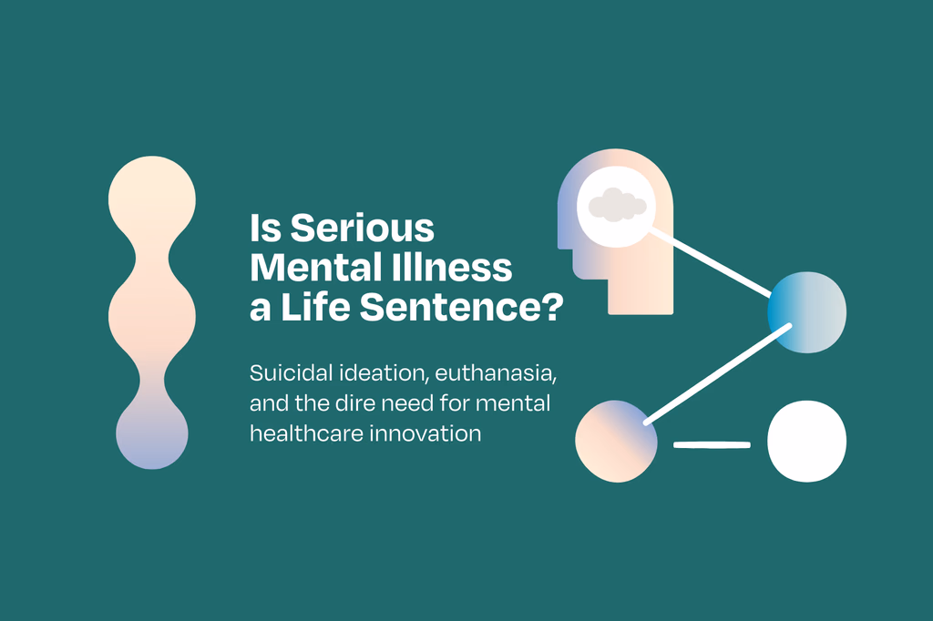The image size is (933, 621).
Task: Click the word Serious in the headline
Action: click(x=363, y=229)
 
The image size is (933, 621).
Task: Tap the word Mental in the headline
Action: click(x=308, y=268)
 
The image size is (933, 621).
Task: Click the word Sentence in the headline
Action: click(x=452, y=307)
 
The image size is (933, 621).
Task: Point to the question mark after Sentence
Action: click(x=554, y=307)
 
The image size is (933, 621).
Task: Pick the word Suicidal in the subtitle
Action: click(x=291, y=373)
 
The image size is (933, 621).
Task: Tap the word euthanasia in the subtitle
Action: click(x=496, y=373)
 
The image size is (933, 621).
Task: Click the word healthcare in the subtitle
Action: click(x=306, y=433)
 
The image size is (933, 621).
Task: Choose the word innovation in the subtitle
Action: click(x=425, y=433)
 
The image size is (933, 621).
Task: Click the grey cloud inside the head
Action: click(x=617, y=205)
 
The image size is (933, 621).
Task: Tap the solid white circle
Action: click(x=807, y=441)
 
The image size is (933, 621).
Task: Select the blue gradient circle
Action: click(x=807, y=312)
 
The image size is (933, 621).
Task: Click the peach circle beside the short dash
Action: click(x=617, y=441)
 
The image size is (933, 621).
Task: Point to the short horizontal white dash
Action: click(x=712, y=444)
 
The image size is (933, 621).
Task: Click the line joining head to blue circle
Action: click(x=709, y=263)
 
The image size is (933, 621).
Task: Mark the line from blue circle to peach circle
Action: click(x=718, y=374)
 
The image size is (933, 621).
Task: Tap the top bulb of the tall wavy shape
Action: click(x=152, y=199)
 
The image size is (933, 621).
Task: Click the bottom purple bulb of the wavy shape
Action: click(x=152, y=433)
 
